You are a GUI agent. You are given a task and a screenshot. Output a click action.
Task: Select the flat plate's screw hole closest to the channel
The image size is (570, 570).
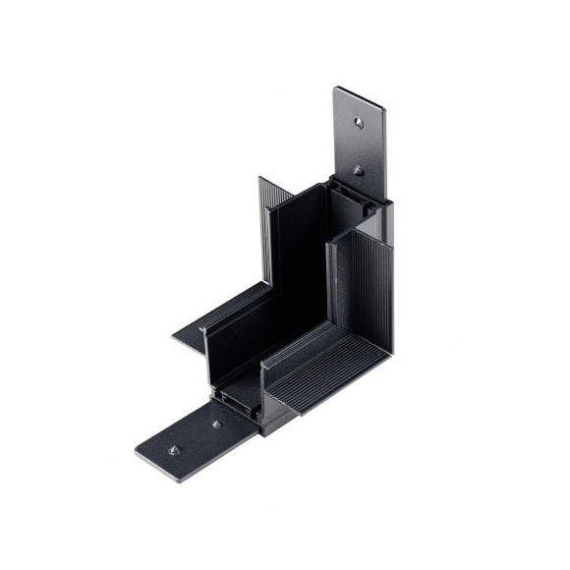(216, 426)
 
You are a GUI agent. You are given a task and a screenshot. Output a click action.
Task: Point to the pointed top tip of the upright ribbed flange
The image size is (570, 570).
(260, 178)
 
